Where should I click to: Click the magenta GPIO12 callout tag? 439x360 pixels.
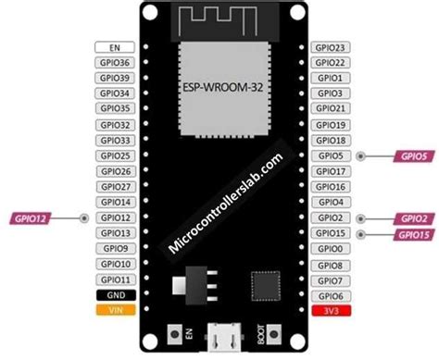coord(31,218)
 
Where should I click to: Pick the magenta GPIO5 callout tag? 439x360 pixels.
coord(409,156)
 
